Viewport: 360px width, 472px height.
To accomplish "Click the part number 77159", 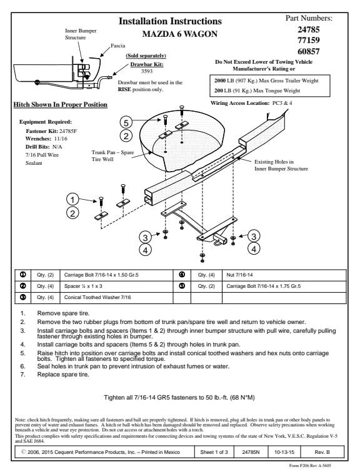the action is [x=309, y=40].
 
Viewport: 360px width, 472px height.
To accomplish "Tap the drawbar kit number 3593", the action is [x=147, y=71].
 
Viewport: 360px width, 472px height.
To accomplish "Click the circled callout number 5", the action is [x=126, y=122].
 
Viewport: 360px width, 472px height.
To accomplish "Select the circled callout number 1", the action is [x=72, y=199].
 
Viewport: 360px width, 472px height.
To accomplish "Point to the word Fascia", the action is [x=117, y=46].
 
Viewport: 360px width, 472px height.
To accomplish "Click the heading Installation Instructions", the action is [x=170, y=21].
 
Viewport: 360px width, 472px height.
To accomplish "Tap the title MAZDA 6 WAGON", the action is [x=180, y=34].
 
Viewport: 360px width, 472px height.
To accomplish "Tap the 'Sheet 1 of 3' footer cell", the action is [x=214, y=452].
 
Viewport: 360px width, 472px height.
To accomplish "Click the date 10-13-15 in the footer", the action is [x=284, y=452].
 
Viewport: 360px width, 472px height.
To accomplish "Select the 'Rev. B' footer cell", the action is [x=322, y=452].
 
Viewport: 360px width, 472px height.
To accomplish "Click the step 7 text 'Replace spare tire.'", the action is [x=63, y=375].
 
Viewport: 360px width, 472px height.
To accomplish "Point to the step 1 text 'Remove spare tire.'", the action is [x=63, y=313].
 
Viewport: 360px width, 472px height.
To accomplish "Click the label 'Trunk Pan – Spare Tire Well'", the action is [x=112, y=155].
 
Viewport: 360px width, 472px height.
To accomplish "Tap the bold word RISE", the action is [x=124, y=89].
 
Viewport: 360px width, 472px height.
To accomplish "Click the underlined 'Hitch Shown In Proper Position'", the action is [x=60, y=105].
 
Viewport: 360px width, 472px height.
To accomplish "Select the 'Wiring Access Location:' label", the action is [x=240, y=103].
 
